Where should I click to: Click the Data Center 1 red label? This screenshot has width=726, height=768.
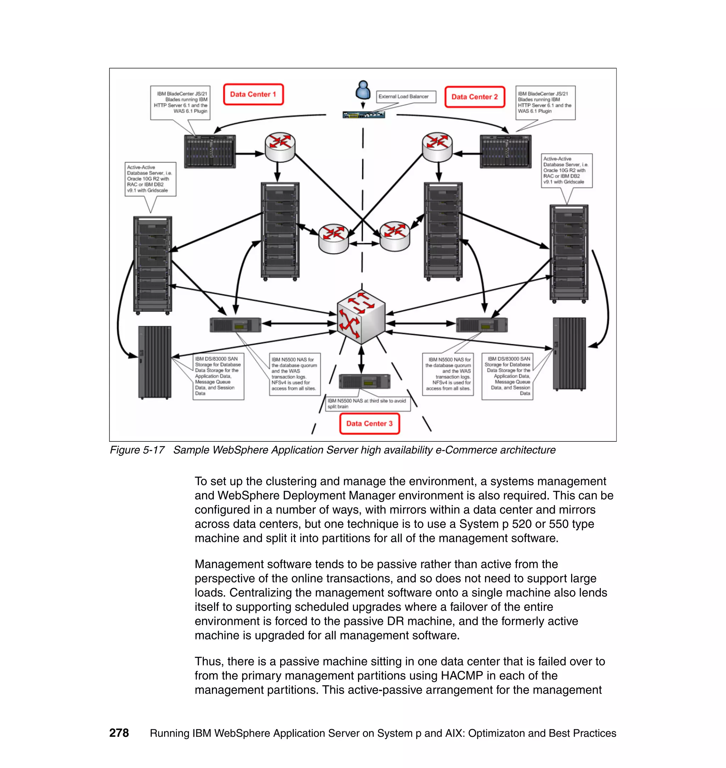point(253,94)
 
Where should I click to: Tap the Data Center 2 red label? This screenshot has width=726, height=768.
point(474,97)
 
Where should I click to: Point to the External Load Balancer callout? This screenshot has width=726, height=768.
point(406,97)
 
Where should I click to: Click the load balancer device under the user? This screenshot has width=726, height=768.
point(364,115)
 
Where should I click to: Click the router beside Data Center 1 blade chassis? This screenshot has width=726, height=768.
point(280,147)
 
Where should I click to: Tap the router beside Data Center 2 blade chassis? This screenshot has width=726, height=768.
point(437,147)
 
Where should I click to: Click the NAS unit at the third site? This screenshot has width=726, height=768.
point(364,382)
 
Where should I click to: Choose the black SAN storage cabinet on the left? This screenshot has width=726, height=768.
point(155,362)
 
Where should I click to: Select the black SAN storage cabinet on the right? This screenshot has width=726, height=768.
point(569,354)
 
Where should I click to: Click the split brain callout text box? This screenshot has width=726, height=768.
point(368,403)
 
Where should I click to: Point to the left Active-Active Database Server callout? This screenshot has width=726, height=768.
point(150,179)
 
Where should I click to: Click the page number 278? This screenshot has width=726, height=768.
point(119,733)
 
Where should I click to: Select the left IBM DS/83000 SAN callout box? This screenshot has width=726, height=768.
point(219,376)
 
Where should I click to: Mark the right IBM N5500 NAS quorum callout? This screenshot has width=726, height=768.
point(448,374)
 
